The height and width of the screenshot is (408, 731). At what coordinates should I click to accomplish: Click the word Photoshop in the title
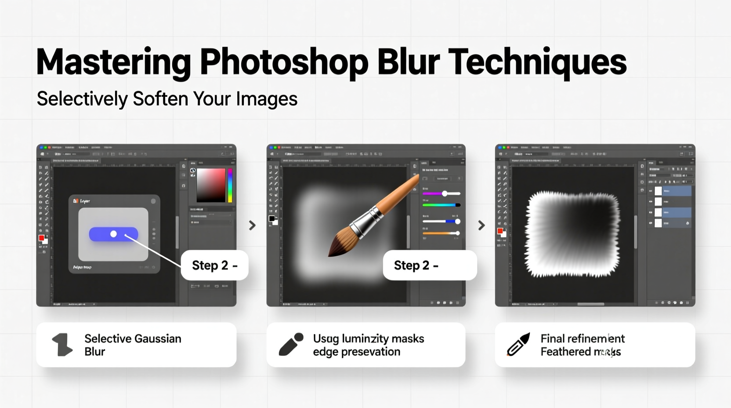(x=283, y=63)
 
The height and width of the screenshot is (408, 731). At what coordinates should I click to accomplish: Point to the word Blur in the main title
(x=408, y=62)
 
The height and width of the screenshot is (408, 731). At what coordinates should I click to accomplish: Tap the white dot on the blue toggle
(x=113, y=234)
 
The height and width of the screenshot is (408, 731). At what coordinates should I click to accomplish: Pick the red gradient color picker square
(x=211, y=185)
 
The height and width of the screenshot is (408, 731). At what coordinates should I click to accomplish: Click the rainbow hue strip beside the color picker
(x=230, y=185)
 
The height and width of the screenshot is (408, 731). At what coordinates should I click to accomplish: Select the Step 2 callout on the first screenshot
(x=214, y=265)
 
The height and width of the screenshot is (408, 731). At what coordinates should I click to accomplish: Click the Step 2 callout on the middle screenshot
(x=429, y=265)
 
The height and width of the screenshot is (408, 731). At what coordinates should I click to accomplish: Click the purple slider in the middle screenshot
(x=441, y=193)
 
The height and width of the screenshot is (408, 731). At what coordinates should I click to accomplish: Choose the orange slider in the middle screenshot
(x=441, y=233)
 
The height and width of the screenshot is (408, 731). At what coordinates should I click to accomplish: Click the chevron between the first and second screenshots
(x=252, y=226)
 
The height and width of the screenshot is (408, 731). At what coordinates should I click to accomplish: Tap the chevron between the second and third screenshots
(x=481, y=226)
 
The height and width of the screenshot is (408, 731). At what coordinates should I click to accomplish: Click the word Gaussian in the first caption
(x=157, y=339)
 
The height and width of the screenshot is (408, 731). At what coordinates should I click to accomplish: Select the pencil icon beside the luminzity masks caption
(x=291, y=345)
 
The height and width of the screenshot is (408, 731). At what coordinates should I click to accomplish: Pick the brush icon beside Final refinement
(x=518, y=345)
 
